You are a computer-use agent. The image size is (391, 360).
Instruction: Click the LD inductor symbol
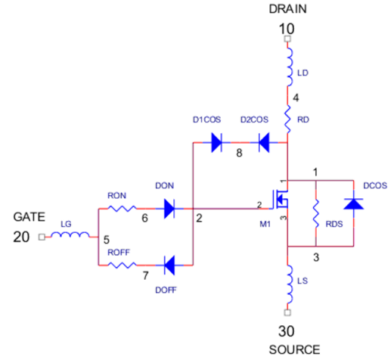point(290,67)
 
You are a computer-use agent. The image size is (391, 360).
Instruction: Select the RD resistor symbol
point(287,119)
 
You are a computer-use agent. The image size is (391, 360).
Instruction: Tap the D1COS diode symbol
point(216,143)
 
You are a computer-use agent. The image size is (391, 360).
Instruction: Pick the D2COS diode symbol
point(264,143)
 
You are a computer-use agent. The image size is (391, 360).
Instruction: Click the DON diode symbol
point(169,209)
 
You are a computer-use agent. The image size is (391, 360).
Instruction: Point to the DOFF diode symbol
point(169,265)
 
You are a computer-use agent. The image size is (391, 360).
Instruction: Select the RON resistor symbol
point(122,209)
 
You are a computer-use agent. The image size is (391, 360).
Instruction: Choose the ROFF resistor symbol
point(122,265)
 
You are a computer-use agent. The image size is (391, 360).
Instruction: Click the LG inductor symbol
point(70,235)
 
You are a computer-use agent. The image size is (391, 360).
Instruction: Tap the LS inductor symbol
point(290,284)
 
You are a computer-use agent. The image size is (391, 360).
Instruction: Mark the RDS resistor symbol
point(316,213)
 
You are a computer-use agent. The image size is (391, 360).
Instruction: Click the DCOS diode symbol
point(353,204)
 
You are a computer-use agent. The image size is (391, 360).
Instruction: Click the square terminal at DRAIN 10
point(287,39)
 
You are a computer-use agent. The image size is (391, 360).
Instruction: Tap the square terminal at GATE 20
point(42,237)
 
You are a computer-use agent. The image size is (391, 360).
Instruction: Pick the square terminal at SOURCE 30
point(287,312)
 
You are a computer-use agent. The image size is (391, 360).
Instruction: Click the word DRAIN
point(288,9)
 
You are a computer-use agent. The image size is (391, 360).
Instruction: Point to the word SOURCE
point(294,350)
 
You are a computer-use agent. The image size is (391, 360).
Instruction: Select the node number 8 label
point(239,153)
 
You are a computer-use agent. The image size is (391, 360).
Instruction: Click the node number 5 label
point(107,240)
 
